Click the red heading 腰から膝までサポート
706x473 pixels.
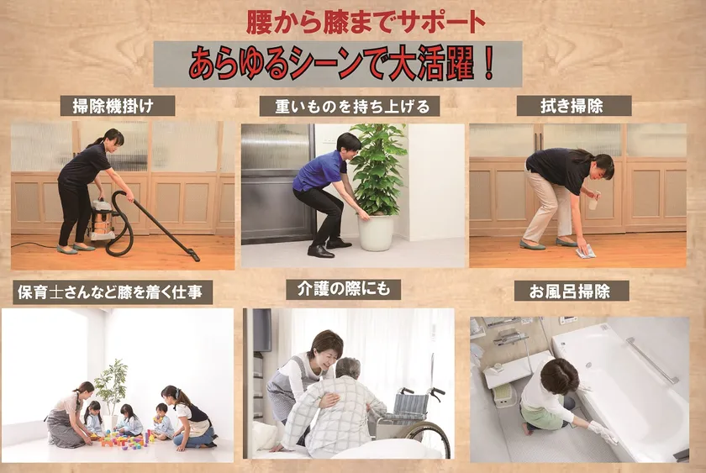tap(366, 23)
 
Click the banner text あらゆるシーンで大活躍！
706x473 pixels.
tap(342, 64)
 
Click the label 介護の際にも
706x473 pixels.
tap(344, 289)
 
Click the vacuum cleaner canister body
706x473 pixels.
tap(103, 219)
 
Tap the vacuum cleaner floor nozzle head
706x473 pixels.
tap(193, 255)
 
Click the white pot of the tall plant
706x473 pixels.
tap(376, 232)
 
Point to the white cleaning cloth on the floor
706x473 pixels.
tap(585, 253)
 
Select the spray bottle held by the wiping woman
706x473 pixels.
tap(594, 200)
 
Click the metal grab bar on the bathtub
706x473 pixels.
tap(651, 360)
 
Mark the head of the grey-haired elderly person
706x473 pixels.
tap(348, 369)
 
